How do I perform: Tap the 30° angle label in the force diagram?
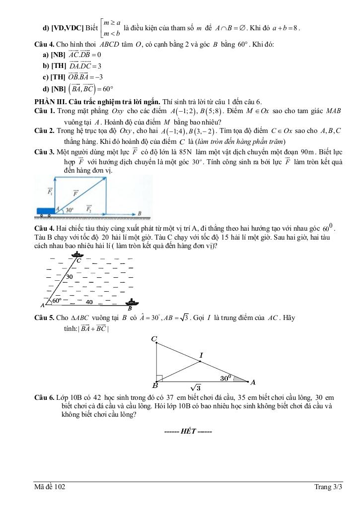[x=70, y=209]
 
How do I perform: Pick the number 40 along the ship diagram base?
[x=89, y=302]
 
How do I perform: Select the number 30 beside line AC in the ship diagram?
[x=70, y=276]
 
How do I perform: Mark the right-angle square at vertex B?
[x=159, y=378]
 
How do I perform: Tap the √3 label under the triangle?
[x=195, y=388]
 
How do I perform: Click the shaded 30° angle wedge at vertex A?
[x=240, y=380]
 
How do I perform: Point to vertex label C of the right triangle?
[x=154, y=339]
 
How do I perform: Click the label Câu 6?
[x=44, y=398]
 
